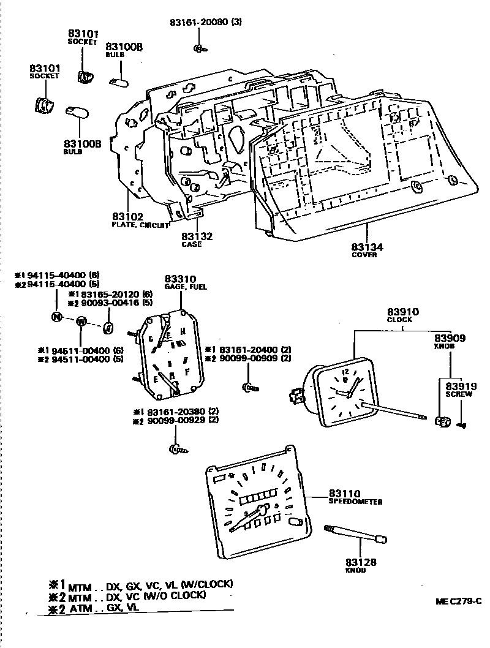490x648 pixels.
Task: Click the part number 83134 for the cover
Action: click(x=367, y=247)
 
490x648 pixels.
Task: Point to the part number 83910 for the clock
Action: click(x=399, y=312)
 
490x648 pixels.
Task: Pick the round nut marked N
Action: click(x=57, y=317)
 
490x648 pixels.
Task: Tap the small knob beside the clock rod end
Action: click(x=440, y=421)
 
